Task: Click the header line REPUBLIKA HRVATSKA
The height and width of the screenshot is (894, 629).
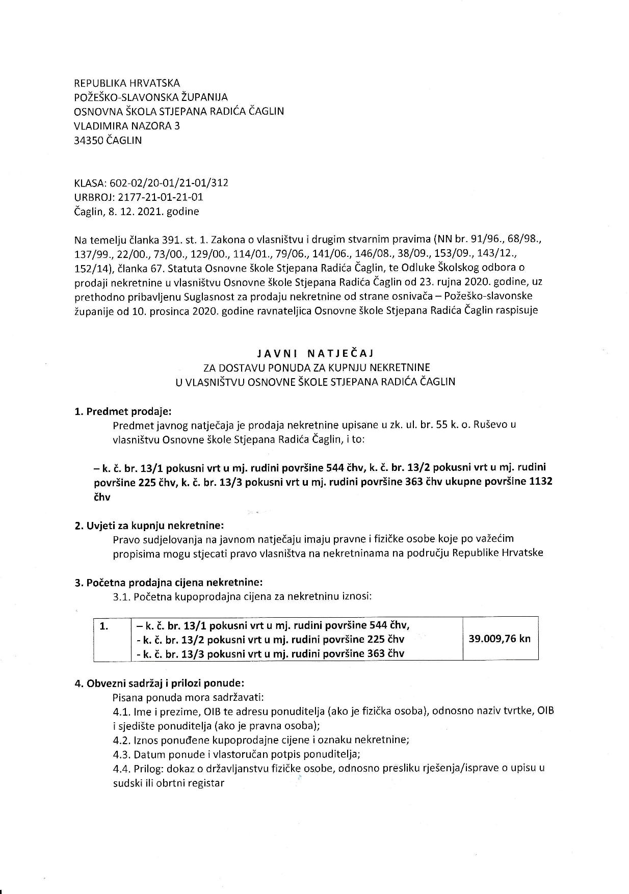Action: coord(127,83)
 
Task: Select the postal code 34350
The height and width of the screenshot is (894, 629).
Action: coord(89,140)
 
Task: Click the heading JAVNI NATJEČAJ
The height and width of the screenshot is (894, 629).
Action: coord(316,352)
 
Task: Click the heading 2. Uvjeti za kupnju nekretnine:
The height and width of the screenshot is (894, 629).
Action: coord(149,525)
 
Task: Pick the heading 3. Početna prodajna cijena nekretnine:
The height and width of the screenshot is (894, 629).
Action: coord(169,582)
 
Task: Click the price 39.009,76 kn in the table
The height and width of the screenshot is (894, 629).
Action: coord(500,638)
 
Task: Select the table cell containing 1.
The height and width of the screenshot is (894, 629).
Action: coord(104,627)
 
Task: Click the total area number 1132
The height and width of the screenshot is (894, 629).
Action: coord(541,482)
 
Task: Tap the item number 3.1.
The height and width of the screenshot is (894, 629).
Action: coord(121,596)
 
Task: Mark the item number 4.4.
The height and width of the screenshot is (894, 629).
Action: coord(121,769)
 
